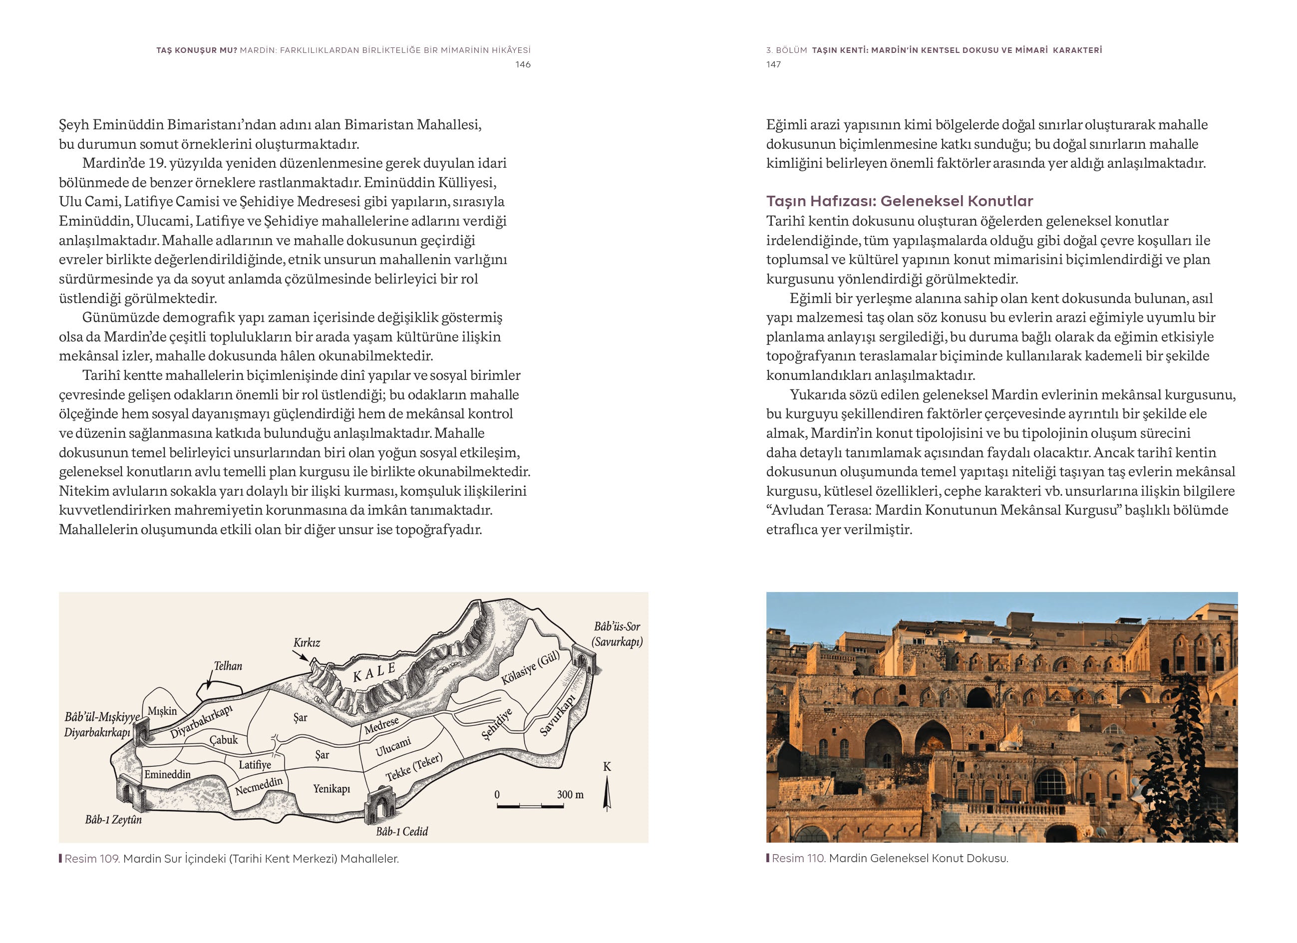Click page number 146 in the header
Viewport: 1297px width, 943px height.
coord(523,64)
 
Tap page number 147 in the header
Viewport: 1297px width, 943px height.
coord(773,64)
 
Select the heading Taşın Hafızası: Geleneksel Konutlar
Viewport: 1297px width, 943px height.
coord(900,201)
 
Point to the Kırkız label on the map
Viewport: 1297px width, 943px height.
coord(307,643)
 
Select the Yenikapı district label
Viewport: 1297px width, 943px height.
coord(331,789)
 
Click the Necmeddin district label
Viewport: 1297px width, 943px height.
coord(259,786)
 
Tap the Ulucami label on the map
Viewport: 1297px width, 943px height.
coord(393,747)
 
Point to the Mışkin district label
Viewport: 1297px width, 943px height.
coord(162,711)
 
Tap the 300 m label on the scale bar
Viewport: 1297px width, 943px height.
coord(570,794)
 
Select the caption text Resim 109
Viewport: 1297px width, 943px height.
coord(91,859)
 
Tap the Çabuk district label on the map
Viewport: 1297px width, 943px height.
coord(223,739)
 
